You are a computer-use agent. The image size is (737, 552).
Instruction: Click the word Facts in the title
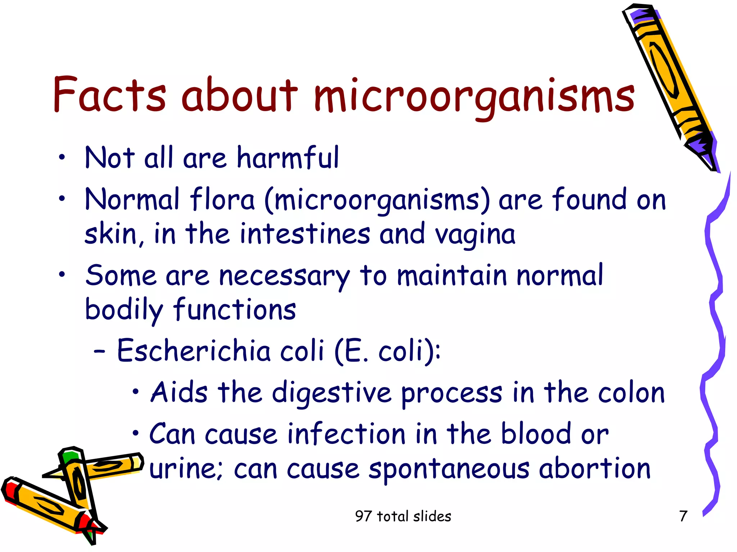click(x=109, y=94)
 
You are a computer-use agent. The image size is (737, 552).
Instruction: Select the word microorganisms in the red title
click(x=474, y=97)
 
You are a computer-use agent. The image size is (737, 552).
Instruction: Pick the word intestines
click(x=305, y=234)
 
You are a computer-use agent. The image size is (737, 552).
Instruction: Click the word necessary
click(x=284, y=276)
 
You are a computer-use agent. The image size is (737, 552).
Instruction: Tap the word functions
click(x=235, y=309)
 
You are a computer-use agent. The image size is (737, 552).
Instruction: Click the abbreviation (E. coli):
click(x=387, y=351)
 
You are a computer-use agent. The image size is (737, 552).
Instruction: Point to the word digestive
click(x=331, y=393)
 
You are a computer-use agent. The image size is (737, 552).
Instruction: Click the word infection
click(x=347, y=434)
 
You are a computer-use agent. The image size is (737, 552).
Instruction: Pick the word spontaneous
click(x=449, y=469)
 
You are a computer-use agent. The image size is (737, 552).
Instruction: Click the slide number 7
click(x=683, y=516)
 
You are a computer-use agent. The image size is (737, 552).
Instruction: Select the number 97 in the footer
click(x=363, y=516)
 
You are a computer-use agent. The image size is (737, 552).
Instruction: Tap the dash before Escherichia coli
click(x=99, y=352)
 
